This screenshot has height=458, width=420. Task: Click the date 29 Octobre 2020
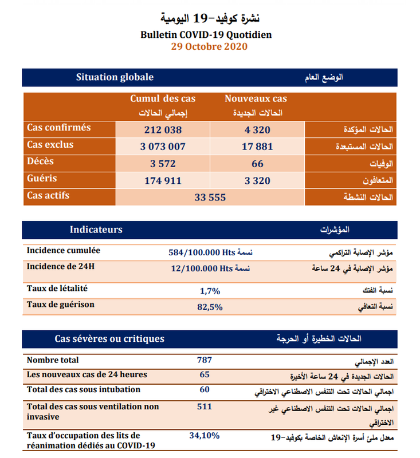(x=210, y=46)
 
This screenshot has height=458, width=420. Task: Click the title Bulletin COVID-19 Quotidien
(x=210, y=35)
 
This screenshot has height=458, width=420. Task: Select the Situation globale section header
(x=115, y=77)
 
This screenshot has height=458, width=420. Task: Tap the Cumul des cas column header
(x=163, y=99)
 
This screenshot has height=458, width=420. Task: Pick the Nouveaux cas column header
(x=256, y=99)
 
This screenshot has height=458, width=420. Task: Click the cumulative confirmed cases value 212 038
(x=163, y=129)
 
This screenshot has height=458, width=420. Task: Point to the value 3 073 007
(x=163, y=147)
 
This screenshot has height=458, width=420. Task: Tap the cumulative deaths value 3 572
(x=163, y=164)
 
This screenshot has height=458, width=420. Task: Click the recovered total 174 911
(x=163, y=180)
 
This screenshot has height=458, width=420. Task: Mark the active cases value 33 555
(x=210, y=197)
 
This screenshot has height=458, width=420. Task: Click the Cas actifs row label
(x=48, y=195)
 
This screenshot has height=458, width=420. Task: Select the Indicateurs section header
(x=96, y=230)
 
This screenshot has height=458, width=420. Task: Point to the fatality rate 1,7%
(x=210, y=291)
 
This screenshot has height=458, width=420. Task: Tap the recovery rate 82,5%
(x=210, y=307)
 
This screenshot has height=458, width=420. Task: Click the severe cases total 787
(x=204, y=360)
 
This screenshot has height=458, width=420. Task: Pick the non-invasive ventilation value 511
(x=204, y=406)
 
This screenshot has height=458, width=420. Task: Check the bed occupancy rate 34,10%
(x=204, y=436)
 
